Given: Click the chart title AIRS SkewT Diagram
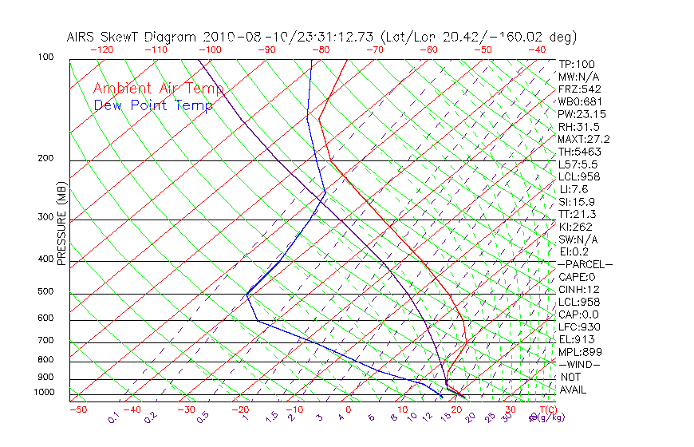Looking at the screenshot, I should coord(132,38).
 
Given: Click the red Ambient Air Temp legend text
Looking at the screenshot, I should coord(151,89).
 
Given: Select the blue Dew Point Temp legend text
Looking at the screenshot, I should coord(153,105).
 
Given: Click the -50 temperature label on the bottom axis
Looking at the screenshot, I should coord(77,410).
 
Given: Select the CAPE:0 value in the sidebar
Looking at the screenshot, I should coord(578,277).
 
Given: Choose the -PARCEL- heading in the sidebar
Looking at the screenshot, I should coord(585,264).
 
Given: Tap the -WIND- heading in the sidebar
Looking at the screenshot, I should coord(580,364).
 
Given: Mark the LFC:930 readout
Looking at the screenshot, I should coord(579,326).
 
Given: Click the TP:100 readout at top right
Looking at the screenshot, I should coord(577,64).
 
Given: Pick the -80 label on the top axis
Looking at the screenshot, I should coord(321,49).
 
